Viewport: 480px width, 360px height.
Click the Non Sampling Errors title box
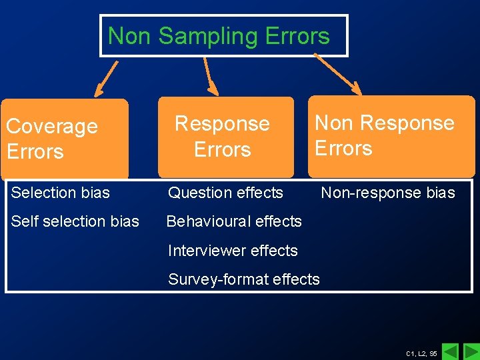pyautogui.click(x=223, y=36)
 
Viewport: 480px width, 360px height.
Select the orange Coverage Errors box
pyautogui.click(x=65, y=139)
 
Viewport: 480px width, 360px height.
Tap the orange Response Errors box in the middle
pyautogui.click(x=225, y=137)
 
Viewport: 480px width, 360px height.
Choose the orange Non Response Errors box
pyautogui.click(x=391, y=136)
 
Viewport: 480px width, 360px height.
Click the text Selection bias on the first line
pyautogui.click(x=61, y=193)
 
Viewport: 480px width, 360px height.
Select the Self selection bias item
pyautogui.click(x=75, y=221)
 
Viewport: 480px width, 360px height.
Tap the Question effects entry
pyautogui.click(x=225, y=193)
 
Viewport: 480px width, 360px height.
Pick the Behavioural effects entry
pyautogui.click(x=234, y=221)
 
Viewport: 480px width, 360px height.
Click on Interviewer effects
pyautogui.click(x=233, y=251)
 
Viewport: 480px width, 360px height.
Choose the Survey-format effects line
pyautogui.click(x=244, y=279)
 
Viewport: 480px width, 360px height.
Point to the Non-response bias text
pyautogui.click(x=388, y=193)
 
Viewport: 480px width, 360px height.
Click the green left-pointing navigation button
pyautogui.click(x=451, y=351)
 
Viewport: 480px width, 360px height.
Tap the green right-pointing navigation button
pyautogui.click(x=471, y=351)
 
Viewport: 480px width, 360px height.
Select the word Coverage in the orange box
pyautogui.click(x=52, y=126)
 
